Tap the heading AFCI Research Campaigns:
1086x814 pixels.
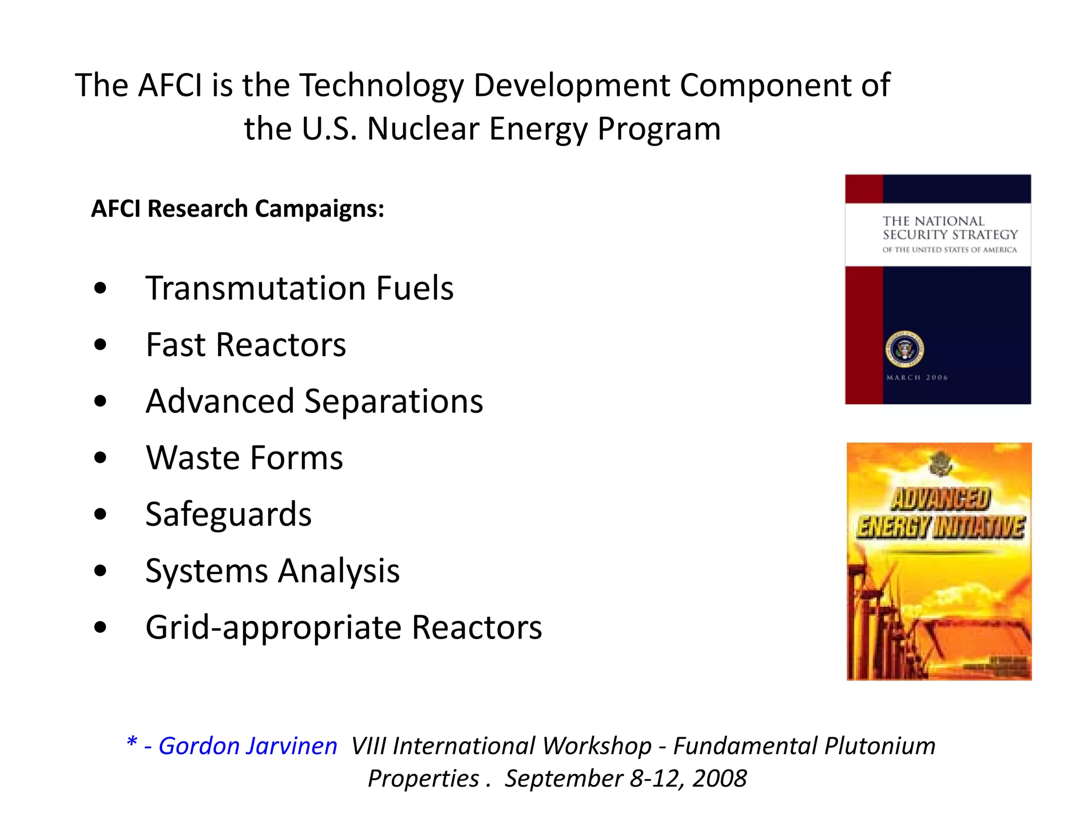pyautogui.click(x=238, y=209)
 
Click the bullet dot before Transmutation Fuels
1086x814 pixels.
pyautogui.click(x=100, y=289)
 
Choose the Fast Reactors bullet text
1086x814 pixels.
pyautogui.click(x=246, y=345)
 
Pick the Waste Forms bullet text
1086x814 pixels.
pyautogui.click(x=244, y=458)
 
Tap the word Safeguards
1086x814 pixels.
pyautogui.click(x=229, y=515)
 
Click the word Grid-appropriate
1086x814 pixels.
pyautogui.click(x=273, y=628)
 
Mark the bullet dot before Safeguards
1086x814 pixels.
pyautogui.click(x=100, y=515)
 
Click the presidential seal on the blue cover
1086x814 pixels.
pyautogui.click(x=904, y=349)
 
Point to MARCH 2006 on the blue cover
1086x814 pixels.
pyautogui.click(x=917, y=378)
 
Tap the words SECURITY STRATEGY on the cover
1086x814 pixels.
pyautogui.click(x=950, y=235)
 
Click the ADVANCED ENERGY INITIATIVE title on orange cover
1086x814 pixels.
pyautogui.click(x=940, y=514)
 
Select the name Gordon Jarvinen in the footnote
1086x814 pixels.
pyautogui.click(x=248, y=746)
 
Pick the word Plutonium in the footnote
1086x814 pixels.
pyautogui.click(x=880, y=746)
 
